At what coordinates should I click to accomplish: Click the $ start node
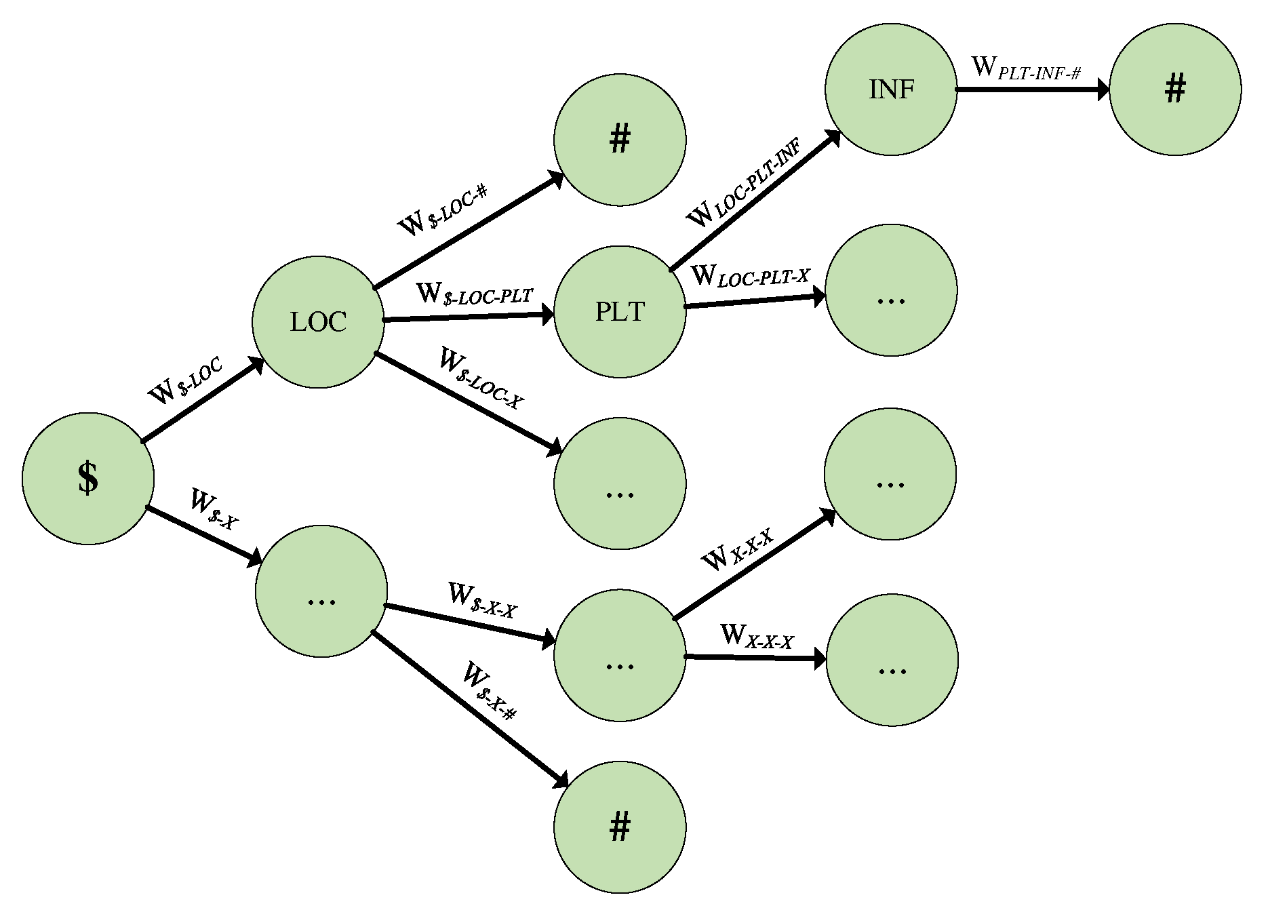click(x=88, y=478)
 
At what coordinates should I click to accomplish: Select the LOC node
click(x=318, y=321)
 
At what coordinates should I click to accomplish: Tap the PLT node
click(x=620, y=311)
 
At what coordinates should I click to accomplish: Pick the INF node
click(x=891, y=90)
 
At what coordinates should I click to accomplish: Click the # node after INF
click(x=1175, y=90)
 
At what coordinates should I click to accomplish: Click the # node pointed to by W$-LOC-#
click(x=620, y=140)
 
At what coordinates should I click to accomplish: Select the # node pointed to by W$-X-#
click(x=620, y=827)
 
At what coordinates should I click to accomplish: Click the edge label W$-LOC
click(x=184, y=381)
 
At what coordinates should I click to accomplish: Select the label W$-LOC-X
click(x=481, y=378)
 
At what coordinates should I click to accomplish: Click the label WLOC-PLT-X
click(x=750, y=276)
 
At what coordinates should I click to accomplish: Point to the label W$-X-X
click(x=482, y=600)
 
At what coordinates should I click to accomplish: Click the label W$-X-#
click(x=490, y=690)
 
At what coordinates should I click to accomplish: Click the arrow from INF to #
click(x=1031, y=90)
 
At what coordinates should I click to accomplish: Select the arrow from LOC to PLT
click(x=468, y=317)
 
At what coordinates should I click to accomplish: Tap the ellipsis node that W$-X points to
click(x=321, y=591)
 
